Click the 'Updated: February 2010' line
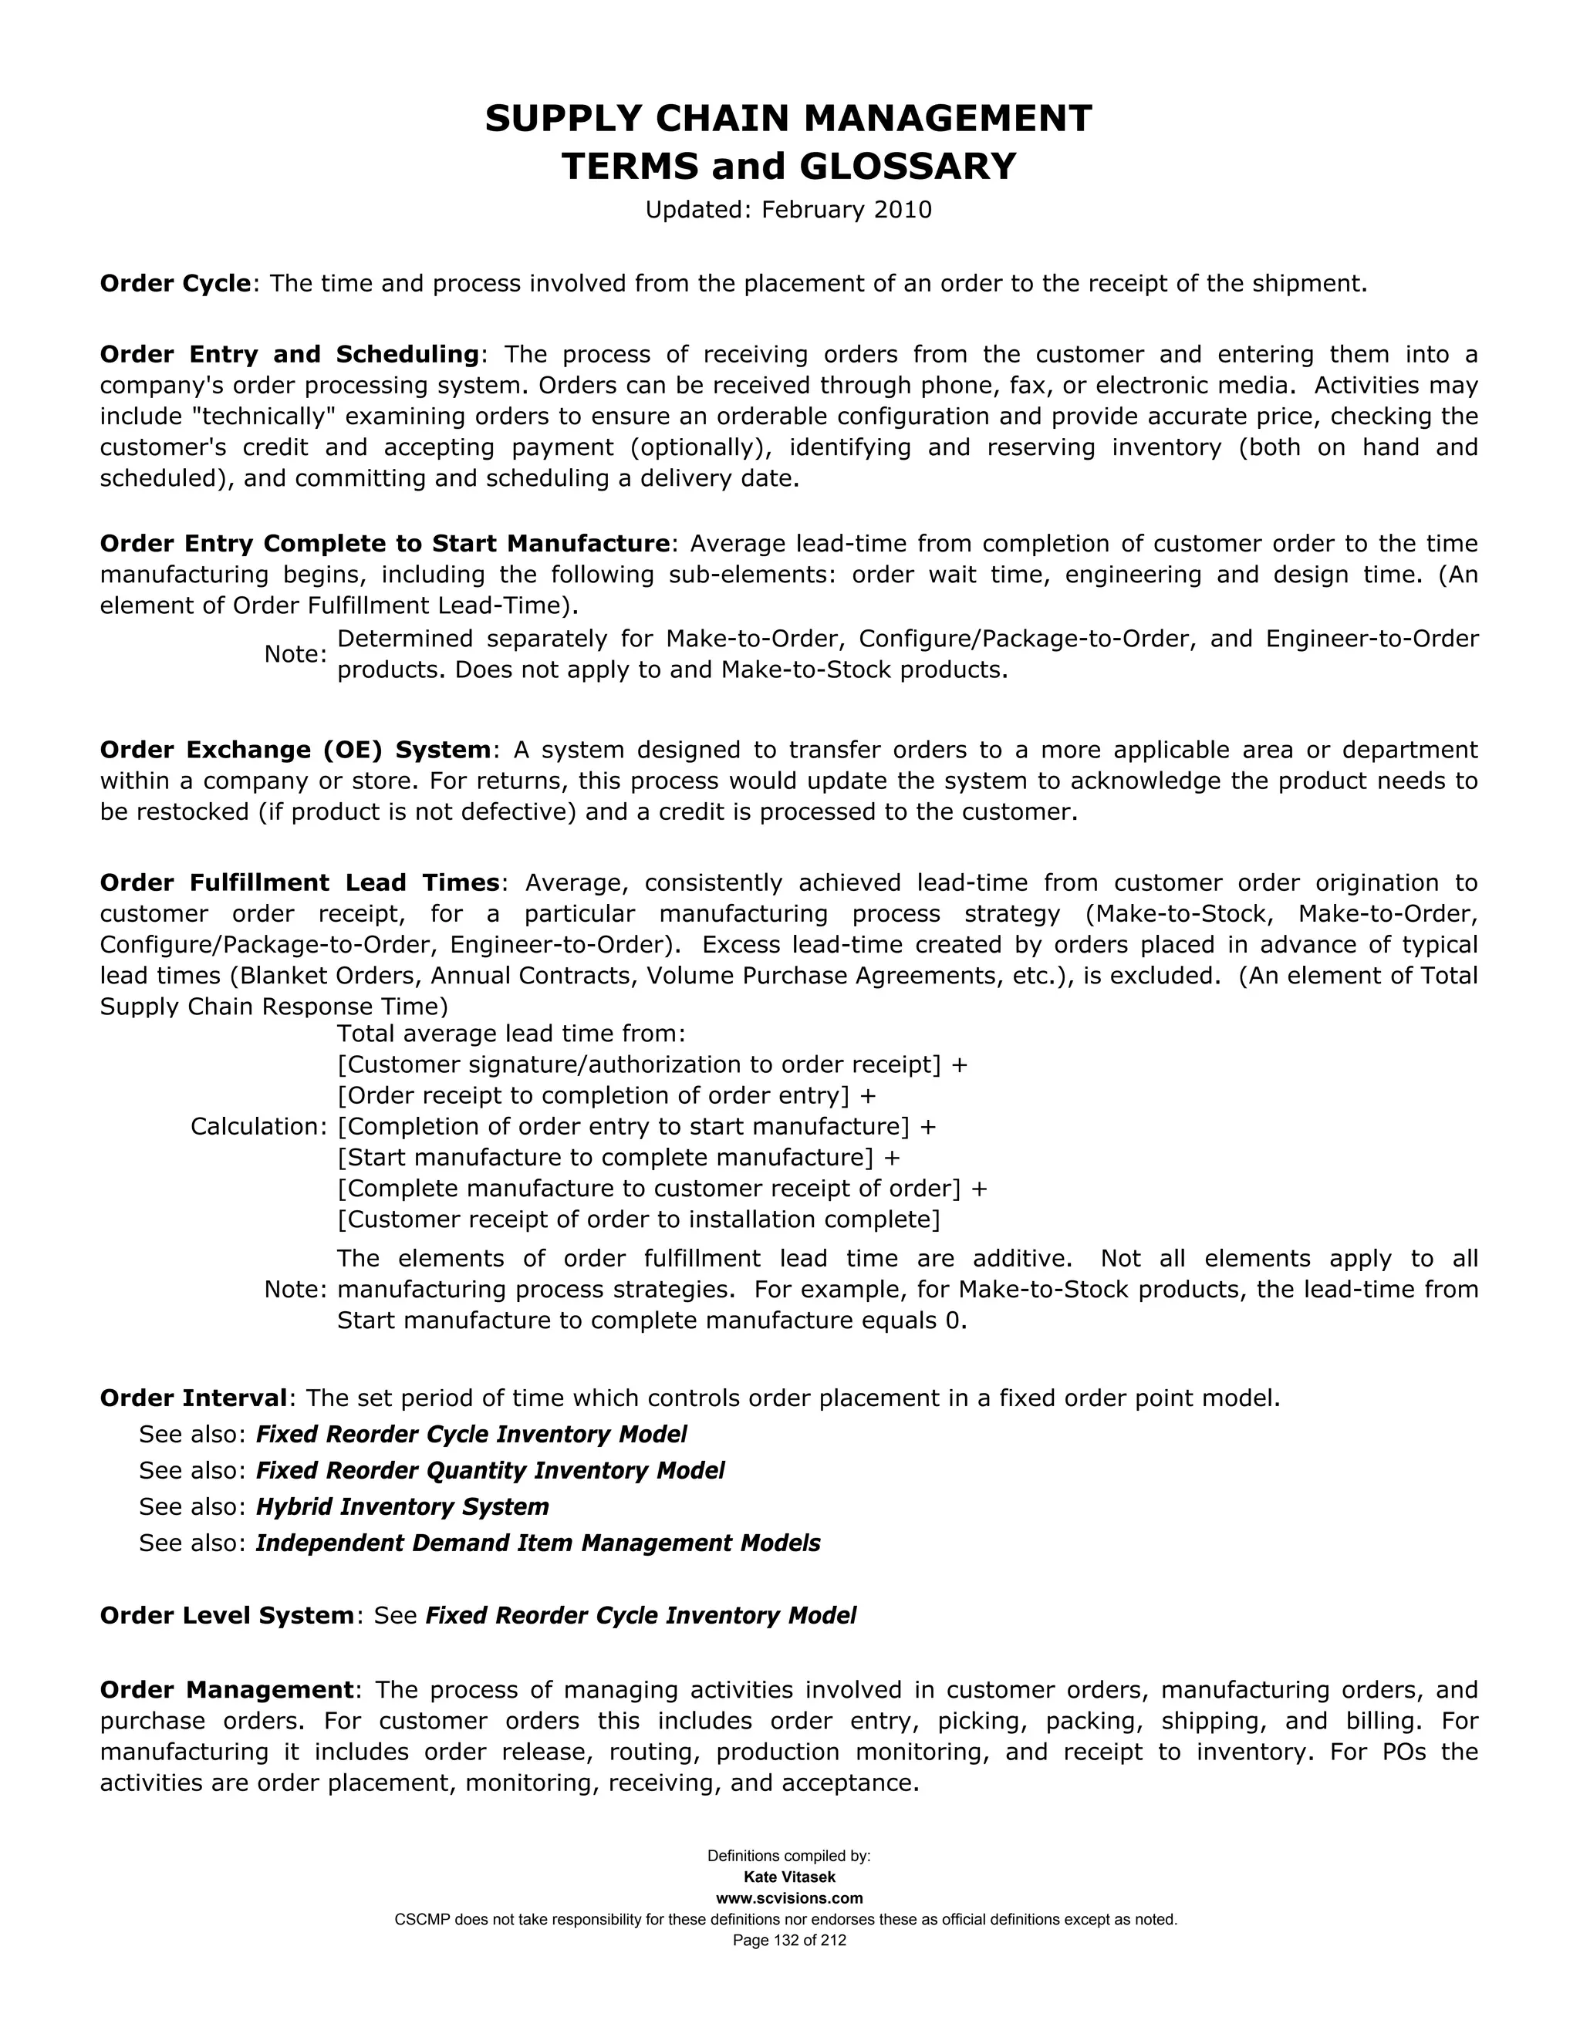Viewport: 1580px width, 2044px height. [788, 210]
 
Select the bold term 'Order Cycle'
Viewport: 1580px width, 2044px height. [175, 284]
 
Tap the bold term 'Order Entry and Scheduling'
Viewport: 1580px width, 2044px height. [289, 355]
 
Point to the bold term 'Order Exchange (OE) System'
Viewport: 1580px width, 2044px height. [295, 750]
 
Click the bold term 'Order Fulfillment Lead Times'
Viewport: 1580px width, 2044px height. [299, 882]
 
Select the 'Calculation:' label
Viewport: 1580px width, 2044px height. [258, 1127]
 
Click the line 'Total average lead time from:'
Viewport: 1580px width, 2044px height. [511, 1034]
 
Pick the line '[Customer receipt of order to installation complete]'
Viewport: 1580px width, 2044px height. [638, 1219]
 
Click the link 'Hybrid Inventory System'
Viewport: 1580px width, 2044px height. [403, 1507]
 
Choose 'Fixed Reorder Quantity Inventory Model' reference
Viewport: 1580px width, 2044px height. [490, 1470]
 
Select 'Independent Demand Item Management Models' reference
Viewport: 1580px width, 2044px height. [537, 1543]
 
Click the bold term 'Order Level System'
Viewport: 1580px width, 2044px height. [228, 1616]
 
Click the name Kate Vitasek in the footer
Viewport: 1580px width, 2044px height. [789, 1877]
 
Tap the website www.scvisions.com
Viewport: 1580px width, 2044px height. [789, 1898]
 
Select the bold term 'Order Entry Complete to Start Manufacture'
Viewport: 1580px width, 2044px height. [385, 544]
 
